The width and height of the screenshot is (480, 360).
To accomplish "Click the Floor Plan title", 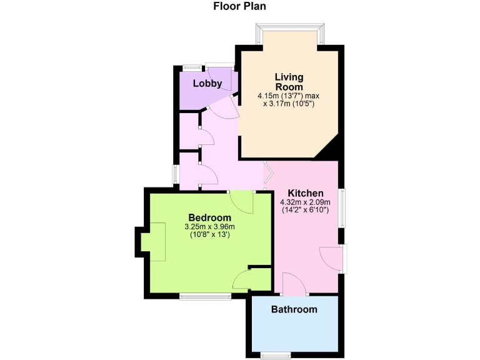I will pyautogui.click(x=239, y=7).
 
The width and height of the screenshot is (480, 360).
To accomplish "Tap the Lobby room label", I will pyautogui.click(x=207, y=83).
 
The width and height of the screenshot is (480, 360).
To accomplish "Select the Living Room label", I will pyautogui.click(x=289, y=82).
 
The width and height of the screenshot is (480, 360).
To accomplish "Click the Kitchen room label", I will pyautogui.click(x=306, y=192).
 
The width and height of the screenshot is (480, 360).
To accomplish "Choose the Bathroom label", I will pyautogui.click(x=294, y=309).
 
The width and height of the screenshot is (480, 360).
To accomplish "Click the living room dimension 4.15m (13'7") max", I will pyautogui.click(x=289, y=96).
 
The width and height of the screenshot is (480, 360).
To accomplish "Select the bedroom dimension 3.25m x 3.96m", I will pyautogui.click(x=209, y=226).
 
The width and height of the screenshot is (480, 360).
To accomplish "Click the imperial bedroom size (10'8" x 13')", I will pyautogui.click(x=209, y=235).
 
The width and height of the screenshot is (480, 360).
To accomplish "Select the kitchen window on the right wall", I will pyautogui.click(x=342, y=207).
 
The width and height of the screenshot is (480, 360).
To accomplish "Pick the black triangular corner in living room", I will pyautogui.click(x=330, y=149).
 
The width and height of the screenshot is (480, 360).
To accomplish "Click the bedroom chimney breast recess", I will pyautogui.click(x=152, y=241).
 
